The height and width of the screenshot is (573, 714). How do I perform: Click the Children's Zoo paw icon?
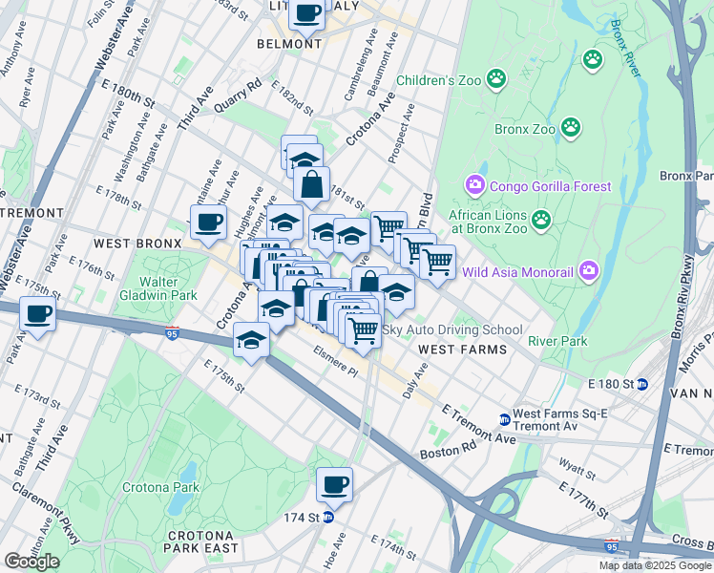tap(496, 80)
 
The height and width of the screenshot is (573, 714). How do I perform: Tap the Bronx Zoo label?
tap(525, 128)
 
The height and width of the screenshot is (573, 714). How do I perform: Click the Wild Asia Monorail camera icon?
tap(589, 272)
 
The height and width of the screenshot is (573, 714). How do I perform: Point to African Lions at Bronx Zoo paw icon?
tap(541, 222)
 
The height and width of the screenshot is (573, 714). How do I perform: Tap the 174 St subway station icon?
tap(327, 518)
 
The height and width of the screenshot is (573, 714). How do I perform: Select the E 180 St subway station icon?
tap(642, 384)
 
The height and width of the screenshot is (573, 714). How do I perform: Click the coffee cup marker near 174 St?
tap(334, 484)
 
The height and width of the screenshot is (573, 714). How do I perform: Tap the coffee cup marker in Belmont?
tap(307, 13)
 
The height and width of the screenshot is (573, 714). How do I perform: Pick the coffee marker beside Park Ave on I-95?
tap(37, 313)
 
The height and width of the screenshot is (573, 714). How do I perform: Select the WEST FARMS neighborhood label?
tap(463, 350)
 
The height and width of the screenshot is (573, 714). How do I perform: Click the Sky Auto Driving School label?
tap(451, 329)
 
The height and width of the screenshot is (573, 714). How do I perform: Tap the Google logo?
tap(31, 562)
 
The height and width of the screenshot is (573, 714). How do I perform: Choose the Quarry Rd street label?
tap(238, 96)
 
